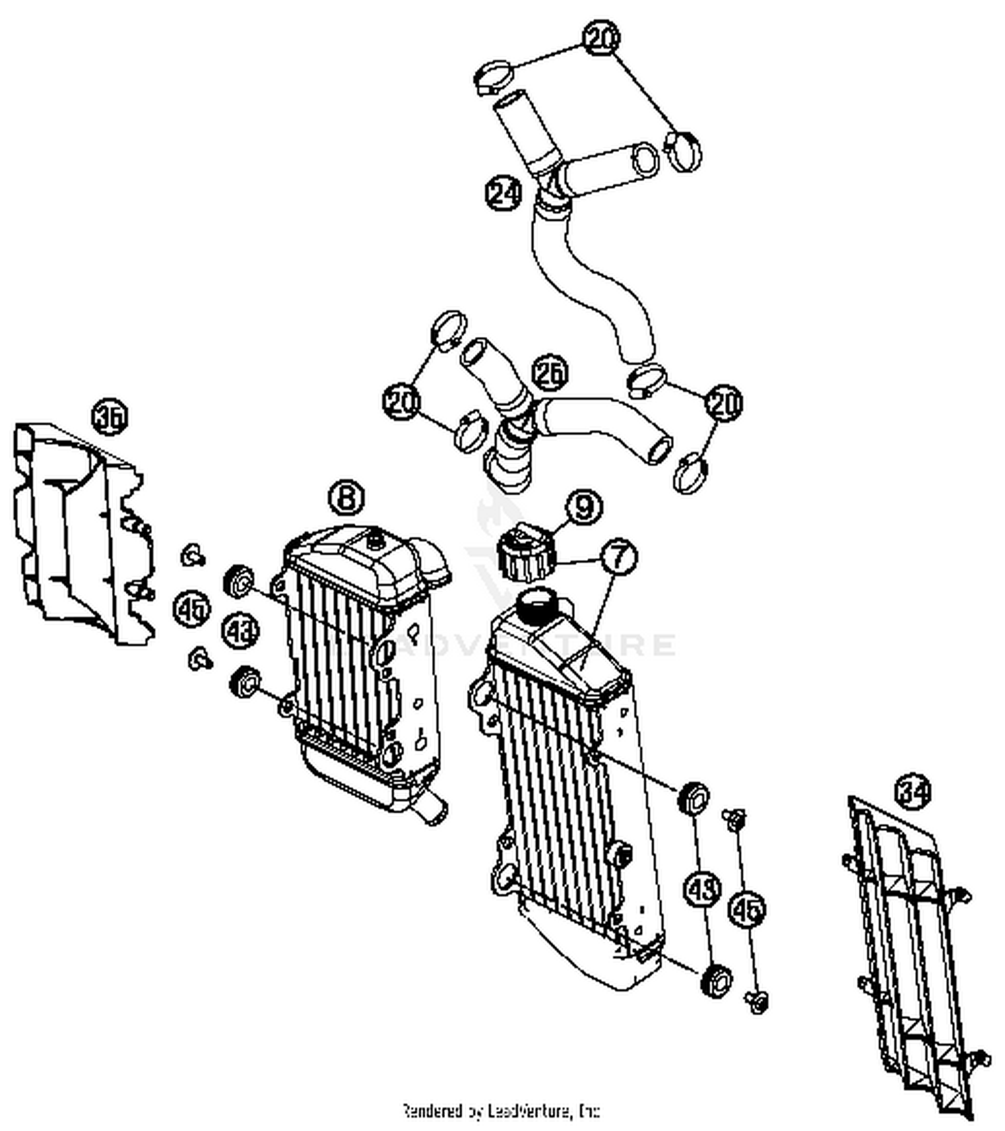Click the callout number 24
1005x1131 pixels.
pos(503,193)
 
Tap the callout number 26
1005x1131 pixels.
pos(550,374)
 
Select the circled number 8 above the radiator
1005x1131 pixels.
pos(346,498)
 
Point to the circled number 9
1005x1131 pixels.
pos(584,507)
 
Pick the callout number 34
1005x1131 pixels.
pos(913,793)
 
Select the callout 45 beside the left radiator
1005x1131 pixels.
pos(192,608)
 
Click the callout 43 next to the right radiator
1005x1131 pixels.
pos(703,889)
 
